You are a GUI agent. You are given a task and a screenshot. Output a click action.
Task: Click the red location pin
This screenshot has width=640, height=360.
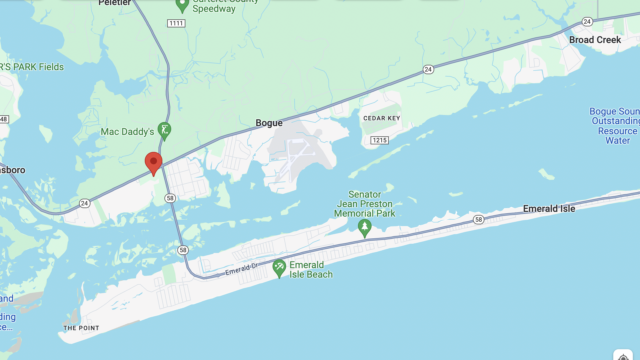153,162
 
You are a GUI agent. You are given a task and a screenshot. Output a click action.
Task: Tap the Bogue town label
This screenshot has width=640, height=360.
269,123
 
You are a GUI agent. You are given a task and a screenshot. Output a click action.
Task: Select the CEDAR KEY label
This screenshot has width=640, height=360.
382,118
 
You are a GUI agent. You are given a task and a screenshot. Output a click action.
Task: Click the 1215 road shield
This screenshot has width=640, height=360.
380,140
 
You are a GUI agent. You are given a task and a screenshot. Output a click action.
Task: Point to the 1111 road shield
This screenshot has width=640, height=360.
176,23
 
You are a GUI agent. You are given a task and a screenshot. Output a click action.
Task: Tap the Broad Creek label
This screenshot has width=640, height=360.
595,40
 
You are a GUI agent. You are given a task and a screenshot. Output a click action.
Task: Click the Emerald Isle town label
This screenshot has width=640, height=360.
549,209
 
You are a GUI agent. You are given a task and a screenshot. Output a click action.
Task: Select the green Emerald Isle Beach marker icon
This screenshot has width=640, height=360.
279,267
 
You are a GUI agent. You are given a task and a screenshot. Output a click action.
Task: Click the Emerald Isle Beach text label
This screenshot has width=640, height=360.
311,270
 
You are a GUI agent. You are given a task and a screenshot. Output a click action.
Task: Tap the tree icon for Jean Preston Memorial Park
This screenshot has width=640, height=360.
365,227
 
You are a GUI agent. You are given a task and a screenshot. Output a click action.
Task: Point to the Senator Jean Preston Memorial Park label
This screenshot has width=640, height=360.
365,204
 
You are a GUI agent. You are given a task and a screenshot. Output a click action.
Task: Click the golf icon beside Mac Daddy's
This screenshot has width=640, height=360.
164,130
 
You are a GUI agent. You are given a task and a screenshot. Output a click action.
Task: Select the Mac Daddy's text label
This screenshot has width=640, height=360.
127,132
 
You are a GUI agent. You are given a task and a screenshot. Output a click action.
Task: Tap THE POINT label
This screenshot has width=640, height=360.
81,328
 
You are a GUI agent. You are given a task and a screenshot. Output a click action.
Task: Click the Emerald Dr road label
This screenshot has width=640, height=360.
241,269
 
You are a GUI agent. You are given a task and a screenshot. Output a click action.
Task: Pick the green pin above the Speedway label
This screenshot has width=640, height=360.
182,5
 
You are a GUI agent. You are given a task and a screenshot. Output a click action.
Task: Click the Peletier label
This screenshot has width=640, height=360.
114,3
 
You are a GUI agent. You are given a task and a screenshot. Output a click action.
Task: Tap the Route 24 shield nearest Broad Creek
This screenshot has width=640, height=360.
587,22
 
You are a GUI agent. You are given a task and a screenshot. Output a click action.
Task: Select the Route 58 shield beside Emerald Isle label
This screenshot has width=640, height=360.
479,220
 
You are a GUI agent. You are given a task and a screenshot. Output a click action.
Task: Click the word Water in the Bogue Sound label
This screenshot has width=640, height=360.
618,141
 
